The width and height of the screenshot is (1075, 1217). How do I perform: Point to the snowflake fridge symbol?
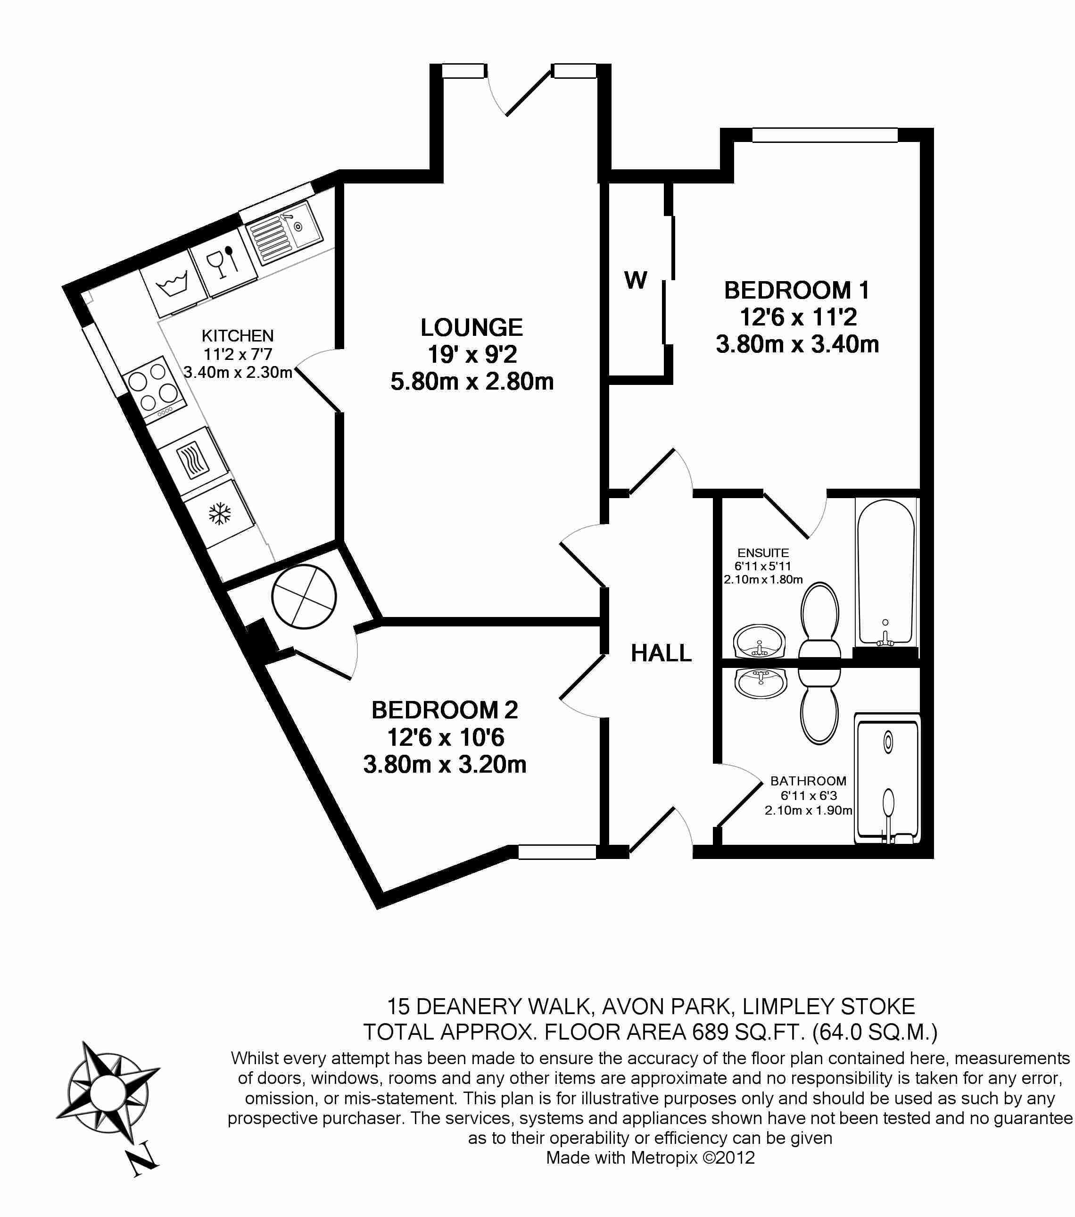[220, 513]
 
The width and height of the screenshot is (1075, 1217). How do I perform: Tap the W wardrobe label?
[636, 280]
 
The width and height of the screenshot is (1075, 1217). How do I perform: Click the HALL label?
[662, 654]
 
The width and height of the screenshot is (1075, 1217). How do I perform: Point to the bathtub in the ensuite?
[885, 572]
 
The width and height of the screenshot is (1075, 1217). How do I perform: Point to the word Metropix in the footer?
[664, 1158]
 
